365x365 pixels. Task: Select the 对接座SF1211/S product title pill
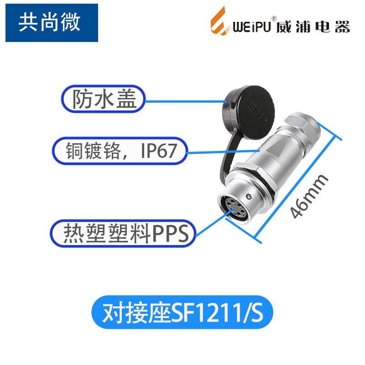(182, 313)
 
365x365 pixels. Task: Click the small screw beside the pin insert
(247, 196)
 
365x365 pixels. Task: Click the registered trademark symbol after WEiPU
(273, 18)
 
